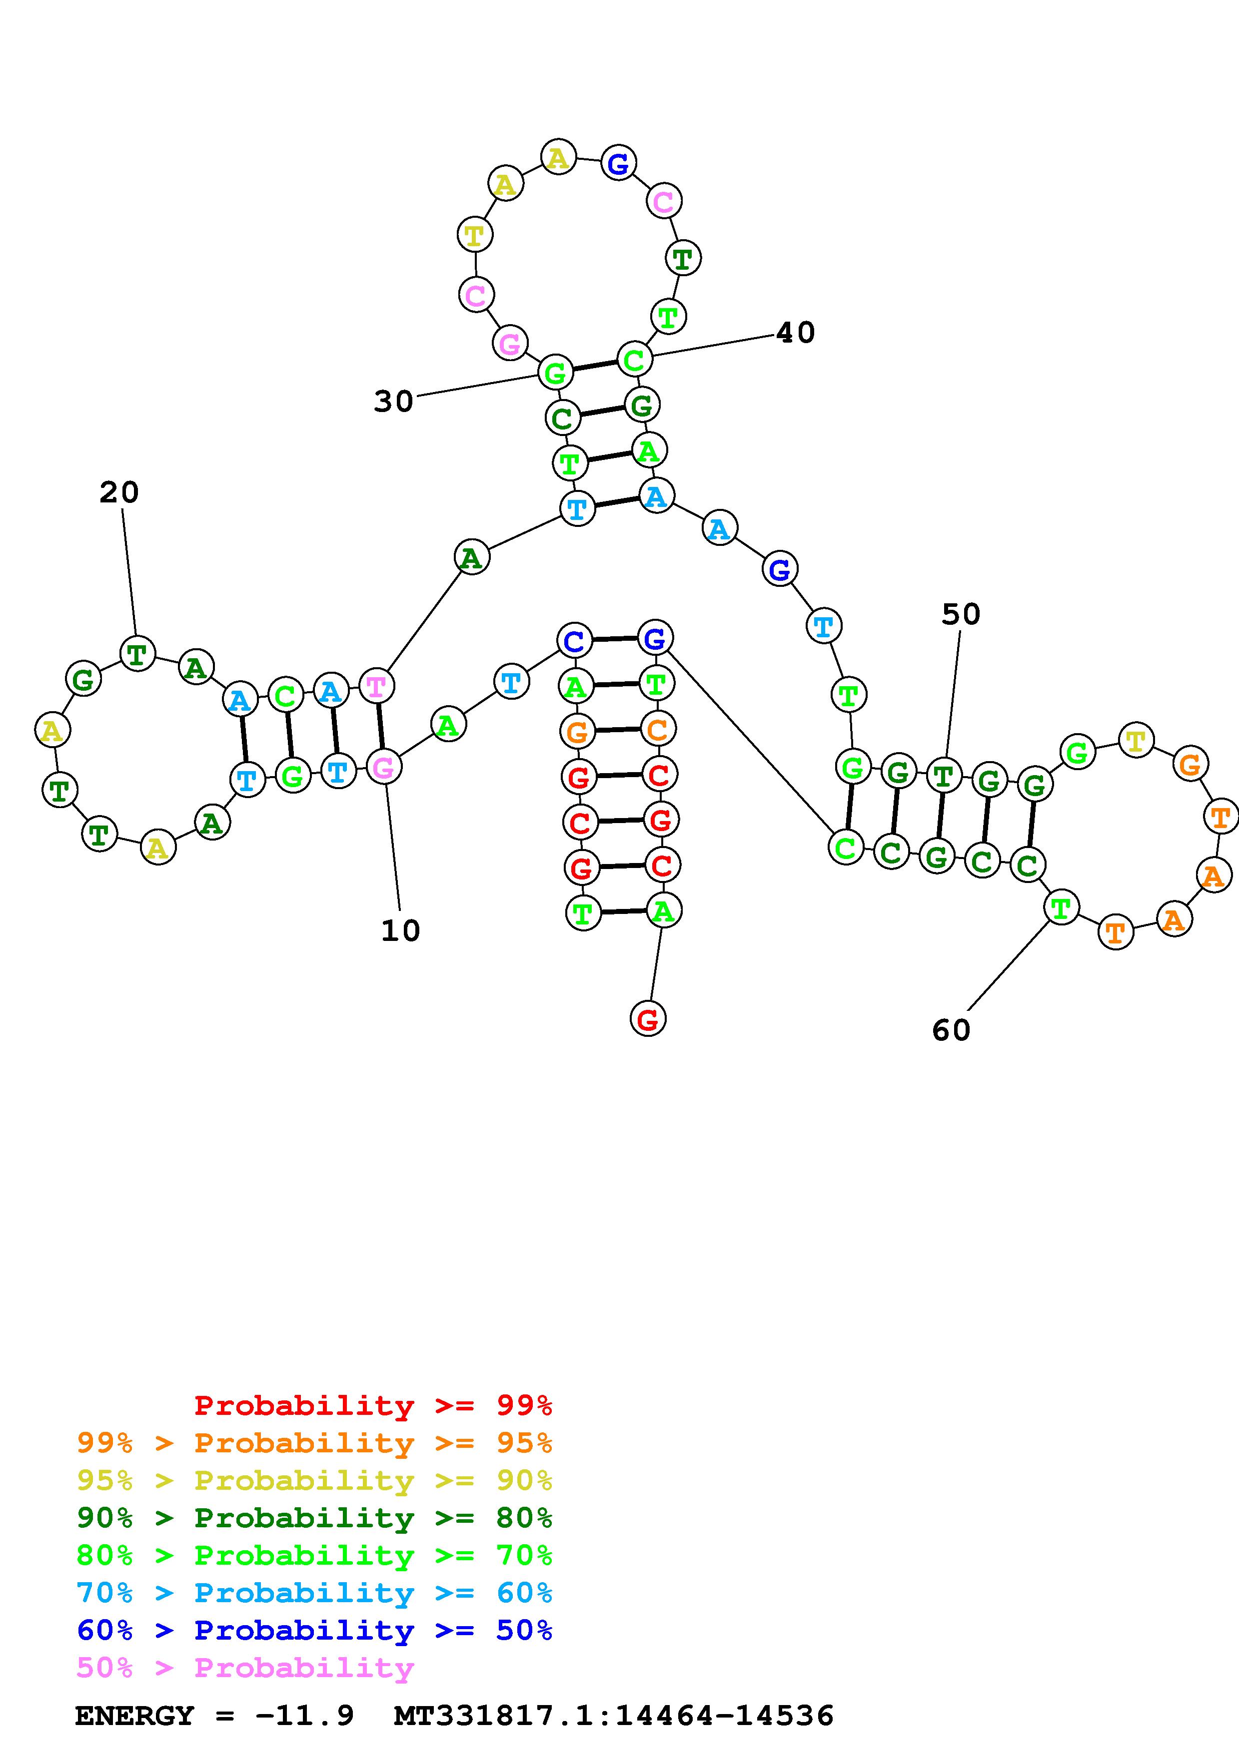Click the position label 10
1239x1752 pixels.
point(401,931)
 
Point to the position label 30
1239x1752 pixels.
point(393,402)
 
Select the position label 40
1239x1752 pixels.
point(796,333)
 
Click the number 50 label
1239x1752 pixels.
point(960,614)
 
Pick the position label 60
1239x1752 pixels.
point(951,1030)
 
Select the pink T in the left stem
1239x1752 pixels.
point(376,686)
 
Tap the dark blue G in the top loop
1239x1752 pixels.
point(618,163)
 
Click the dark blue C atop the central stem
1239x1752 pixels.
point(574,640)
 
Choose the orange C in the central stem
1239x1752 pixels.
point(657,730)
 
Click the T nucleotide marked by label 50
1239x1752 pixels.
point(944,776)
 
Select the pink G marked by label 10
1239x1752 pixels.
point(383,767)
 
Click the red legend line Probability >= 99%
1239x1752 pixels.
point(373,1405)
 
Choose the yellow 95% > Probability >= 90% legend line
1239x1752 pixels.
point(314,1480)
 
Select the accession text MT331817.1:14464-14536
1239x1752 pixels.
point(614,1716)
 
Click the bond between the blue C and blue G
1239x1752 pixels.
point(615,639)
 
